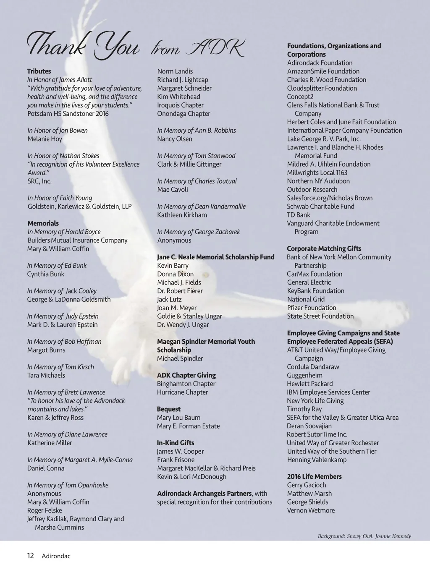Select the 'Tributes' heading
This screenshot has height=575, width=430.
39,71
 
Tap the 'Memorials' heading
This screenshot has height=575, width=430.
43,223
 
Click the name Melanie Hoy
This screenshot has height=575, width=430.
45,139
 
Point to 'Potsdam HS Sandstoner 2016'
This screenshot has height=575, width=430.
68,114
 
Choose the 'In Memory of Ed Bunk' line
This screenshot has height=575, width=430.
57,266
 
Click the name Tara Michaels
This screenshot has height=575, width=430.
46,375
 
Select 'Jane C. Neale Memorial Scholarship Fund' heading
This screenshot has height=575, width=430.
215,257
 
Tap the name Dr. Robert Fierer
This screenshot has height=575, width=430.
180,291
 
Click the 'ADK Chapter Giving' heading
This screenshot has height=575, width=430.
186,375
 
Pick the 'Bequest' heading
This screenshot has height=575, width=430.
168,409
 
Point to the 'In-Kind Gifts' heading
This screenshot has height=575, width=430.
176,443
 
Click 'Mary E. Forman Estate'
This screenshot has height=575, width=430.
188,426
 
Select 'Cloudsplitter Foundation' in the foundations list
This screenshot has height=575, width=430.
322,89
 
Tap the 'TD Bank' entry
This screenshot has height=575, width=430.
299,215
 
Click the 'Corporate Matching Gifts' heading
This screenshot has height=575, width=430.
324,249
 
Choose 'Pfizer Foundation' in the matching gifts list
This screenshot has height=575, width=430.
312,308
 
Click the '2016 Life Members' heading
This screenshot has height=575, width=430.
314,477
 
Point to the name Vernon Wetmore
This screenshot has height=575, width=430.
311,510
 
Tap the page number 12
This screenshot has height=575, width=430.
30,556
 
